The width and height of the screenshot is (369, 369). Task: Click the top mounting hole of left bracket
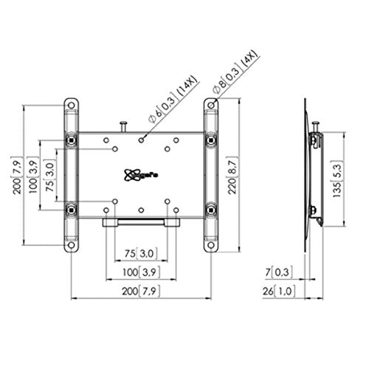click(x=71, y=106)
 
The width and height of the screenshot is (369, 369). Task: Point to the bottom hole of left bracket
click(x=71, y=244)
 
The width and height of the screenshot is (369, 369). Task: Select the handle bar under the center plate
click(x=140, y=221)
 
